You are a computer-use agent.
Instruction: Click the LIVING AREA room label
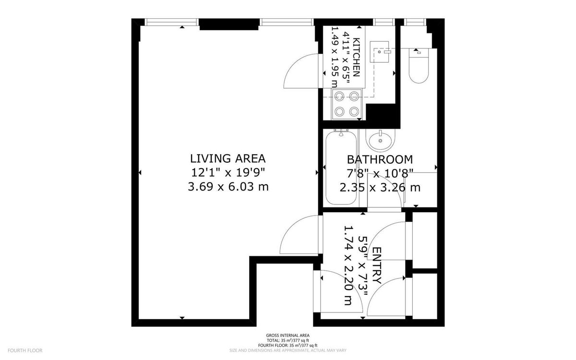pos(228,158)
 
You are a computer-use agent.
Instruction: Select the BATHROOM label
pos(380,159)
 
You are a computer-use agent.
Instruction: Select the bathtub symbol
pos(341,168)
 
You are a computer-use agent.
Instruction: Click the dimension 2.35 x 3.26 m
pos(380,187)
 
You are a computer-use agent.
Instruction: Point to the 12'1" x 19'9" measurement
pos(228,172)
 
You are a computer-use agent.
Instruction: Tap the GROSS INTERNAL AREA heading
pos(288,336)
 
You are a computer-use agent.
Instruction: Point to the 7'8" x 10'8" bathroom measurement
pos(380,173)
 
